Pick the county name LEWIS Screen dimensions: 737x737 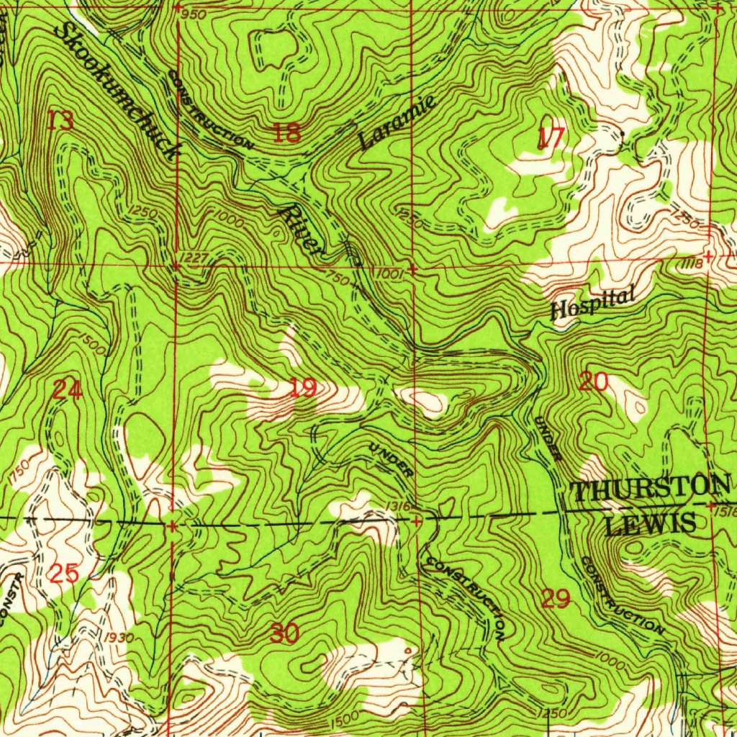coord(650,523)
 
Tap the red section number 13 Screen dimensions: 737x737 coord(60,121)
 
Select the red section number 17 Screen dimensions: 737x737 coord(551,138)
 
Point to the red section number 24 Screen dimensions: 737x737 coord(68,390)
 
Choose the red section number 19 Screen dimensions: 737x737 coord(303,389)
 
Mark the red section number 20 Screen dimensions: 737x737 coord(594,381)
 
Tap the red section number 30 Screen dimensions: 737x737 coord(285,634)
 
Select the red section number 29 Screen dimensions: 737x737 coord(556,598)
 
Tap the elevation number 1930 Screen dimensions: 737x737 coord(117,637)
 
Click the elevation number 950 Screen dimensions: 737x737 coord(193,15)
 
